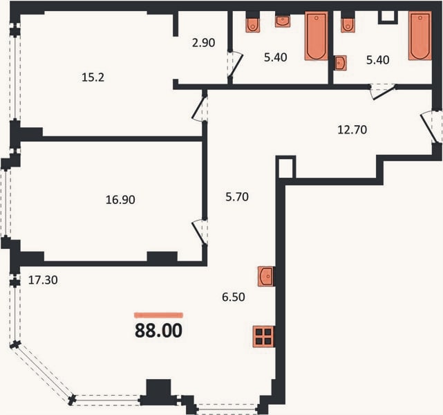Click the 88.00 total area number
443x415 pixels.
pos(158,330)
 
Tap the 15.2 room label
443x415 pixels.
pos(93,77)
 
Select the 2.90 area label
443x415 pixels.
pos(203,43)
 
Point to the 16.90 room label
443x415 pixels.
pos(120,200)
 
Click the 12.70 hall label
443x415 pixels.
pos(352,130)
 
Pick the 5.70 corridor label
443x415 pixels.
pos(237,196)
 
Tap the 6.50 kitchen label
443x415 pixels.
pos(234,297)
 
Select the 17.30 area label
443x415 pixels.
pos(43,280)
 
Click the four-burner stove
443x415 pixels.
pos(263,336)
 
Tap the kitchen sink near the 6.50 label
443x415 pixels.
pos(265,276)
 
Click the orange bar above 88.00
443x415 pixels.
pos(158,315)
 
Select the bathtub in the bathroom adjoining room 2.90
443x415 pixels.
pos(316,35)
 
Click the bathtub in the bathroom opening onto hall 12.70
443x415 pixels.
pos(420,35)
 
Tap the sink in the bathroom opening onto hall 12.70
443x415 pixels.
pos(340,63)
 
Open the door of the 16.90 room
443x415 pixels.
pos(200,232)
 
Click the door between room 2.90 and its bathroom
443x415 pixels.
pos(235,64)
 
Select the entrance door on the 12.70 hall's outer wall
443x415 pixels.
pos(431,127)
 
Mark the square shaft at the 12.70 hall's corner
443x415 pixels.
pos(285,167)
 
